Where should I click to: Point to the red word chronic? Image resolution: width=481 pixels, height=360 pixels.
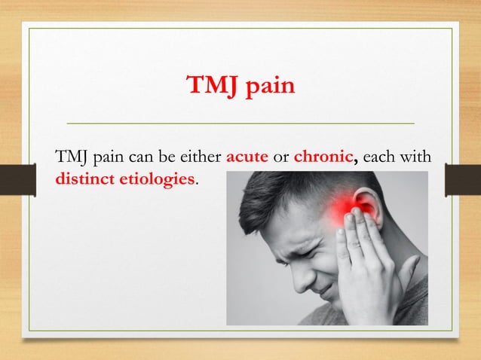[x=323, y=159]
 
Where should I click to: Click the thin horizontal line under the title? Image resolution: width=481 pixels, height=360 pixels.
[x=240, y=122]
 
